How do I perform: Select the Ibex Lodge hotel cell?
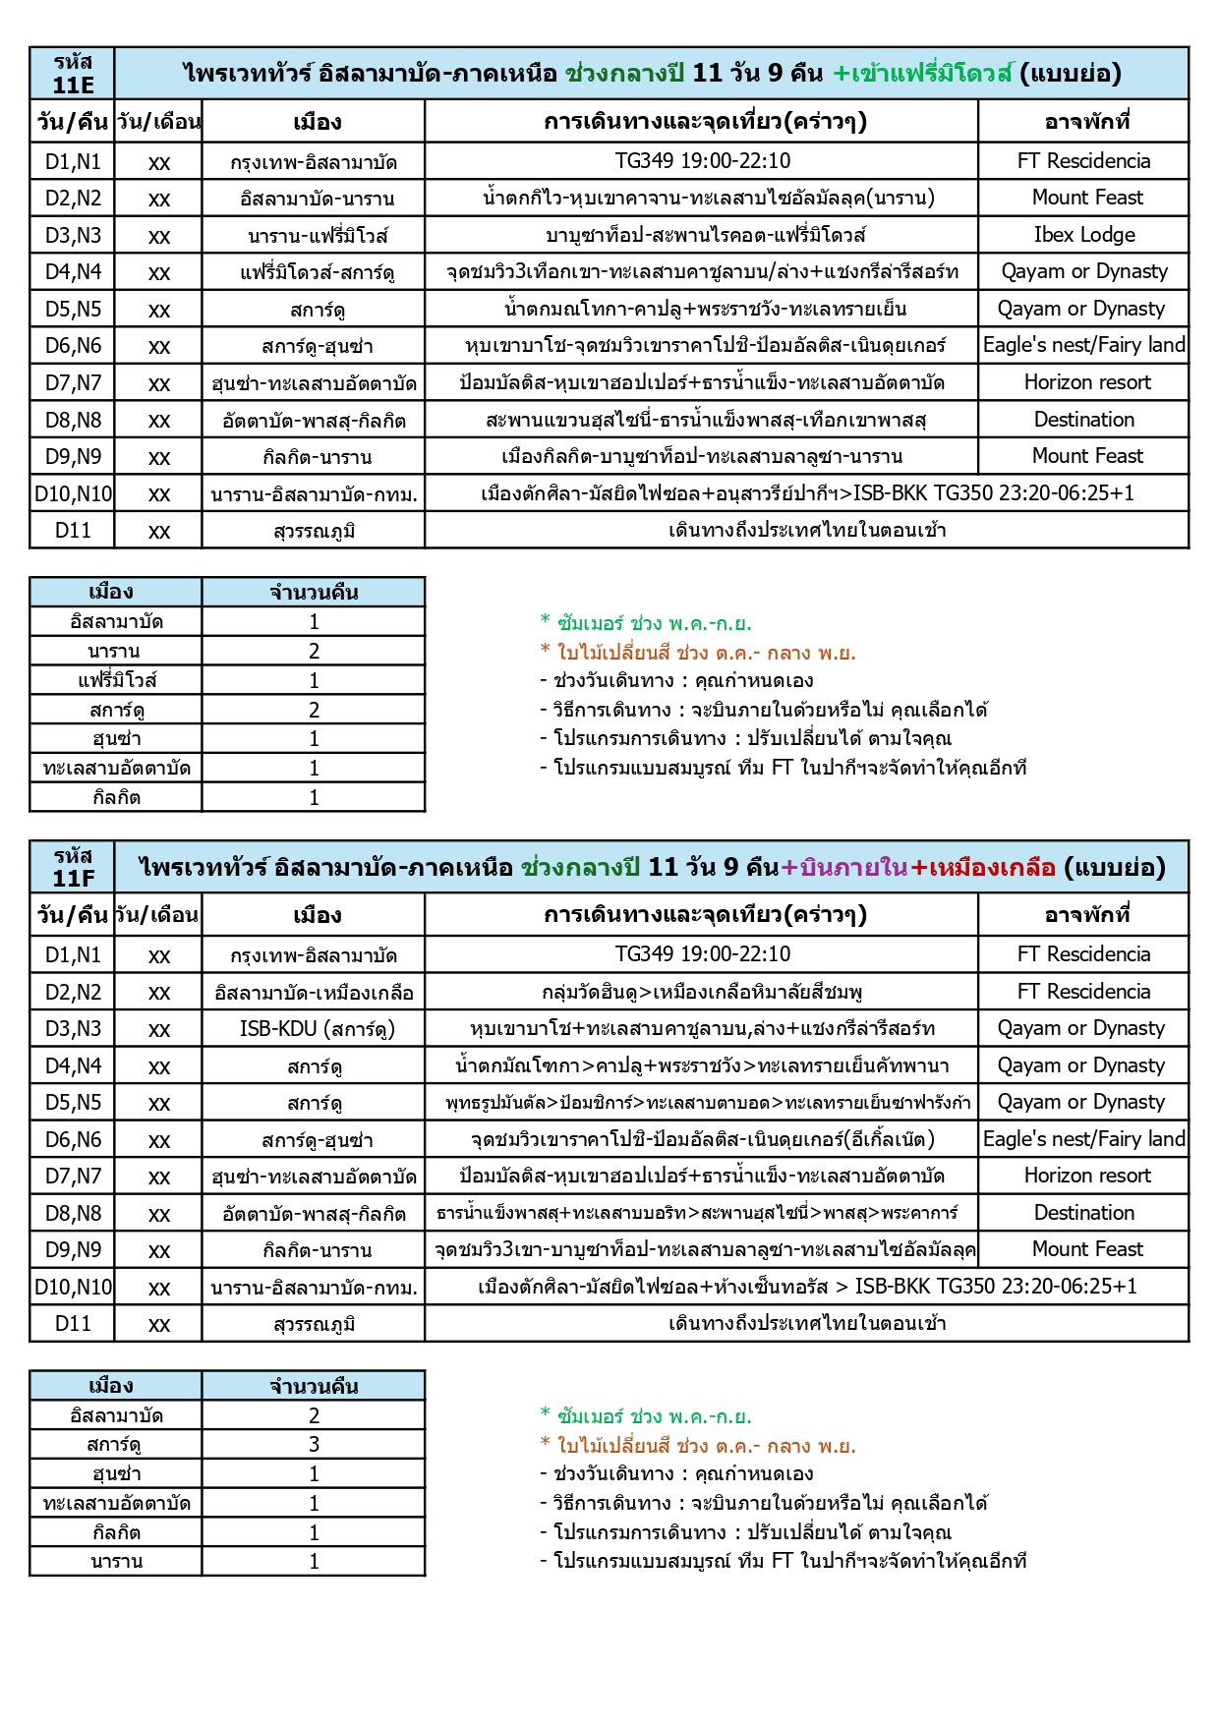(x=1083, y=235)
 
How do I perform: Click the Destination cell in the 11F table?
(x=1083, y=1213)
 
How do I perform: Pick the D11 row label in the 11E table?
(x=73, y=531)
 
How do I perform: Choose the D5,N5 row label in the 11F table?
(x=73, y=1103)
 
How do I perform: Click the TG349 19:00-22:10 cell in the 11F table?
(x=702, y=954)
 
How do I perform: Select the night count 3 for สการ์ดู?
(x=314, y=1445)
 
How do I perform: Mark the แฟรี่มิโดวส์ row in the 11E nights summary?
(x=117, y=680)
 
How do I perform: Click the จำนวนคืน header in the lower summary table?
(x=314, y=1387)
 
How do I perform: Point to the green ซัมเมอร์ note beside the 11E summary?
(x=646, y=623)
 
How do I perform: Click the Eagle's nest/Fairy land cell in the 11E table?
(x=1083, y=345)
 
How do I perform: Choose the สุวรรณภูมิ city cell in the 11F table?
(x=314, y=1325)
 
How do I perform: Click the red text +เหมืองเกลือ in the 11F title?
(x=983, y=868)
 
